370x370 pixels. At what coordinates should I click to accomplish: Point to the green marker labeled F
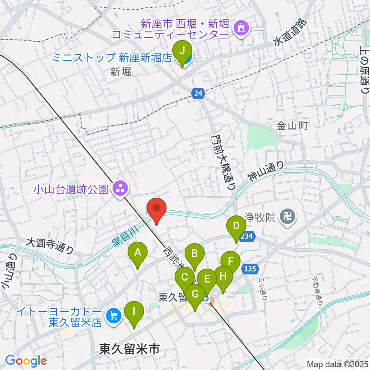[230, 261]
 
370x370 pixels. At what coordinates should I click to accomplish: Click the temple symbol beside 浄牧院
[288, 217]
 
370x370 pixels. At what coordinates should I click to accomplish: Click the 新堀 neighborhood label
[121, 72]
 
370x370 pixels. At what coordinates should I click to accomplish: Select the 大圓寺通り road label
[49, 246]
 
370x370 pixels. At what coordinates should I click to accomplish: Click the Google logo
[25, 361]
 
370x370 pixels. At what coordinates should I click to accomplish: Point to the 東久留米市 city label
[129, 349]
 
